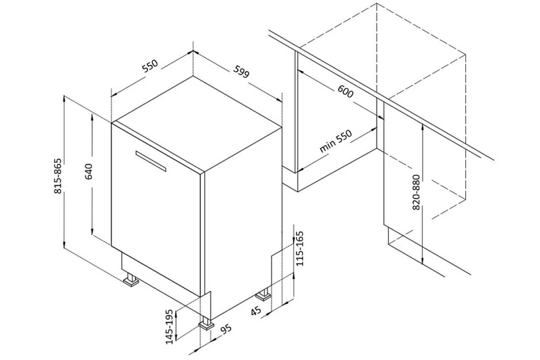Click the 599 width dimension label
pos(241,72)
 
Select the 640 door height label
pos(89,171)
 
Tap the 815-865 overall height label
pos(58,176)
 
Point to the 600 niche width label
pos(345,91)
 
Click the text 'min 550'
pos(336,141)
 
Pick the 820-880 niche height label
pos(416,192)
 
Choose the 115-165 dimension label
pos(299,248)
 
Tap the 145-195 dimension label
pos(169,327)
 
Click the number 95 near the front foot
pos(226,329)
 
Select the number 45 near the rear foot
pos(256,310)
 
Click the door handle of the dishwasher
pos(151,161)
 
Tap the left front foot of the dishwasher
pos(131,280)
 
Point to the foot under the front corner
pos(207,324)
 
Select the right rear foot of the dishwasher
pos(263,295)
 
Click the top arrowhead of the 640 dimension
pos(92,117)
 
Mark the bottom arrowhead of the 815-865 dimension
pos(64,245)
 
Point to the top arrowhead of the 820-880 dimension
pos(423,127)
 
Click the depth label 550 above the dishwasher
pos(150,66)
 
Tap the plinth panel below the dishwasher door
pos(161,274)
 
